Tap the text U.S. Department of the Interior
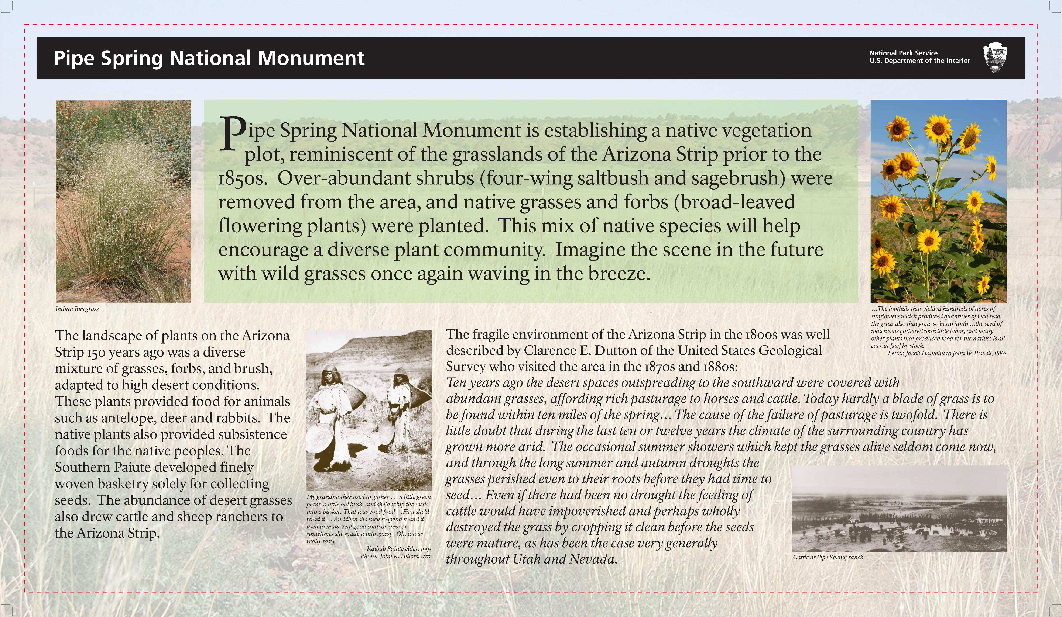(919, 61)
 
